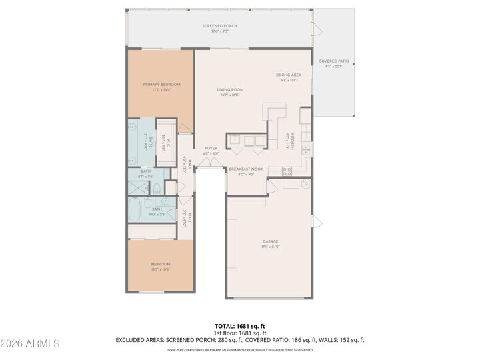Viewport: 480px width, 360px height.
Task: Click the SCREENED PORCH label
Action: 220,26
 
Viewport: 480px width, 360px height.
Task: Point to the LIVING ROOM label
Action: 230,89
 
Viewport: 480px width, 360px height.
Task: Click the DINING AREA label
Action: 289,75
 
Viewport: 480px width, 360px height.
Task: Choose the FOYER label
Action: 211,148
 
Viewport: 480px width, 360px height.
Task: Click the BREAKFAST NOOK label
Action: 246,169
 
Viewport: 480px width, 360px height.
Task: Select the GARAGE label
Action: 270,241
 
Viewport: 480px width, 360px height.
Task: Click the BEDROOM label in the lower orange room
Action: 160,264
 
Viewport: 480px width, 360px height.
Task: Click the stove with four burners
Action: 287,171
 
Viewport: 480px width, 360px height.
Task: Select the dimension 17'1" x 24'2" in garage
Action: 270,247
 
